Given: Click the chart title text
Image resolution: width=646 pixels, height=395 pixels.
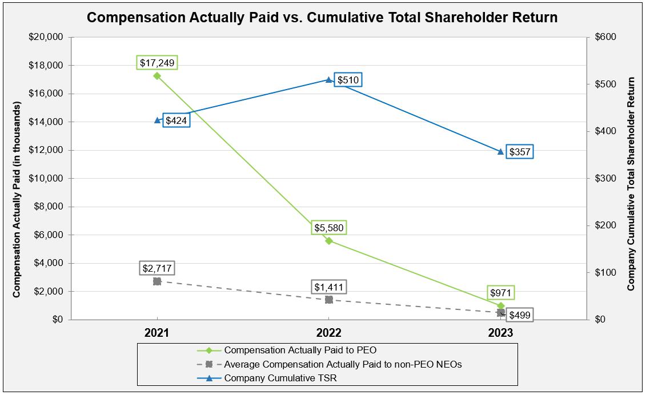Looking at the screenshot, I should pyautogui.click(x=322, y=17).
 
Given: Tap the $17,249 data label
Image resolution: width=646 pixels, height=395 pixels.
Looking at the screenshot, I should pyautogui.click(x=157, y=62).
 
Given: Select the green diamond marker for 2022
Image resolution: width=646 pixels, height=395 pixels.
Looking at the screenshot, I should pyautogui.click(x=329, y=241).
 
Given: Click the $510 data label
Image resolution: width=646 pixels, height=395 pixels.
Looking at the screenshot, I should pyautogui.click(x=348, y=80).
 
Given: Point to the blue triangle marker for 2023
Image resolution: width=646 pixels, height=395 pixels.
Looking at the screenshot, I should pyautogui.click(x=501, y=151).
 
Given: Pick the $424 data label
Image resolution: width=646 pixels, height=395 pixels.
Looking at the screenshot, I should pyautogui.click(x=176, y=120).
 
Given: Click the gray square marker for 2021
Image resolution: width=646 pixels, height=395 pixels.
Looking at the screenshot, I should pyautogui.click(x=157, y=281).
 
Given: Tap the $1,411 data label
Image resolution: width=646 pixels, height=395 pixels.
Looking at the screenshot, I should pyautogui.click(x=329, y=287).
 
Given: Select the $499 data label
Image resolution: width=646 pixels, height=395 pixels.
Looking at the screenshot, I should pyautogui.click(x=519, y=315).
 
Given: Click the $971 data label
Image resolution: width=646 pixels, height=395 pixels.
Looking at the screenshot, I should pyautogui.click(x=501, y=293).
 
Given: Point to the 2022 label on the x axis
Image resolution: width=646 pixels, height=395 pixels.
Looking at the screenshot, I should pyautogui.click(x=329, y=333).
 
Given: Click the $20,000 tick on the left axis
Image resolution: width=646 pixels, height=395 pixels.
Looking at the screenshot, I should pyautogui.click(x=46, y=37).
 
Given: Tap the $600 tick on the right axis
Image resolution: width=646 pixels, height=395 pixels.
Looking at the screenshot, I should pyautogui.click(x=605, y=37).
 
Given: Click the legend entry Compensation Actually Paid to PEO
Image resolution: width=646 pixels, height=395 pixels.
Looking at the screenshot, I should pyautogui.click(x=300, y=350).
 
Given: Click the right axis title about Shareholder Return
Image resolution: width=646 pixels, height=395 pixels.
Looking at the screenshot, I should pyautogui.click(x=631, y=184).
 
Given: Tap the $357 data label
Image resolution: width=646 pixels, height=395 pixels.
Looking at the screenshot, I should pyautogui.click(x=519, y=152).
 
